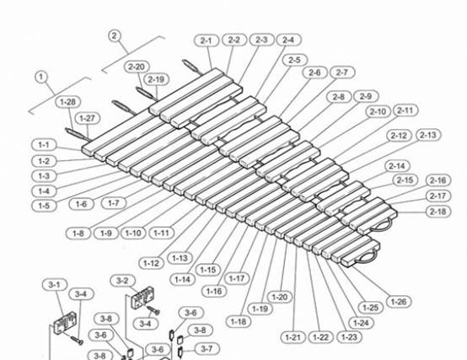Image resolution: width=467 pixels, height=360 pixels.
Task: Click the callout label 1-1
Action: click(45, 145)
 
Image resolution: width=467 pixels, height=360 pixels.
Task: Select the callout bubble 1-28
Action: click(68, 102)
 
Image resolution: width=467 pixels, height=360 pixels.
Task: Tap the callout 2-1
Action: click(207, 40)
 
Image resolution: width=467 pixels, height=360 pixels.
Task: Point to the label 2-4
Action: click(287, 40)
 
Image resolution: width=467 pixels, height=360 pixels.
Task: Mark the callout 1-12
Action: click(152, 263)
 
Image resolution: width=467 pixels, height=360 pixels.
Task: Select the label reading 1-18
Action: click(238, 321)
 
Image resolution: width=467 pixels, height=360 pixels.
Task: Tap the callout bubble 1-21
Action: click(292, 337)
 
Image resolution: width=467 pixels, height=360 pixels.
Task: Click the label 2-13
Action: click(427, 135)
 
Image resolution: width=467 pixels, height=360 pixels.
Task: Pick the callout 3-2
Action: click(122, 280)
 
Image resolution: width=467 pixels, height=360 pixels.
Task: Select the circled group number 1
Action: click(40, 76)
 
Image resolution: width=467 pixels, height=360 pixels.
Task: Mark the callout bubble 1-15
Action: click(207, 270)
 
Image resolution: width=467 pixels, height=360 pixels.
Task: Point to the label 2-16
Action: click(437, 180)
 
